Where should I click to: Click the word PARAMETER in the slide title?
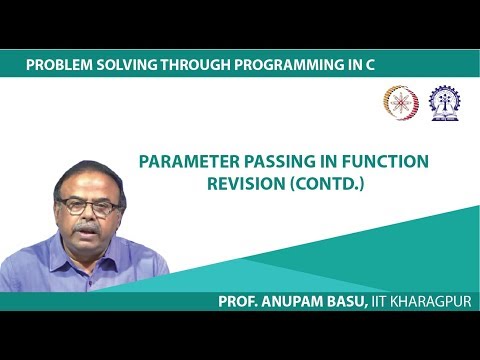coord(182,159)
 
